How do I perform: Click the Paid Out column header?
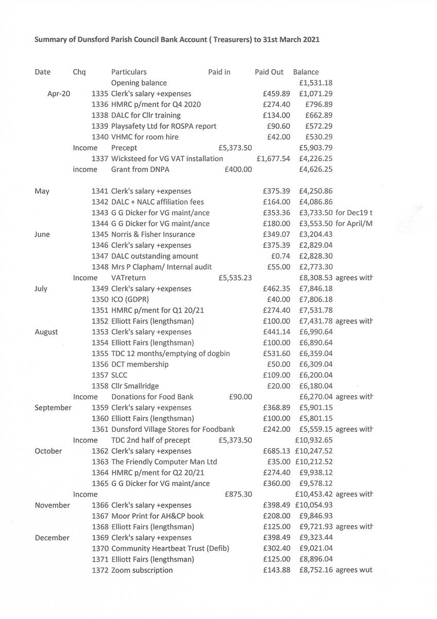coord(269,72)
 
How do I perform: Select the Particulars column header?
coord(129,72)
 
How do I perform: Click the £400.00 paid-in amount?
coord(239,170)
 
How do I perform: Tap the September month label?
coord(53,408)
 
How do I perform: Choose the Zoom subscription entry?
coord(142,571)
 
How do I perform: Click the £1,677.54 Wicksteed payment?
coord(273,159)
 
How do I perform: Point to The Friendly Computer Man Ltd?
coord(164,462)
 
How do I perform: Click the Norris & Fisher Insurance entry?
coord(153,235)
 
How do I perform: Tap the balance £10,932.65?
coord(314,441)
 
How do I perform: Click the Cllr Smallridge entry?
coord(135,386)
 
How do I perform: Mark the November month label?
coord(52,506)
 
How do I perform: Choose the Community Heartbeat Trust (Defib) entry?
coord(170,549)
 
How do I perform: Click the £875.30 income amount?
coord(239,495)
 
